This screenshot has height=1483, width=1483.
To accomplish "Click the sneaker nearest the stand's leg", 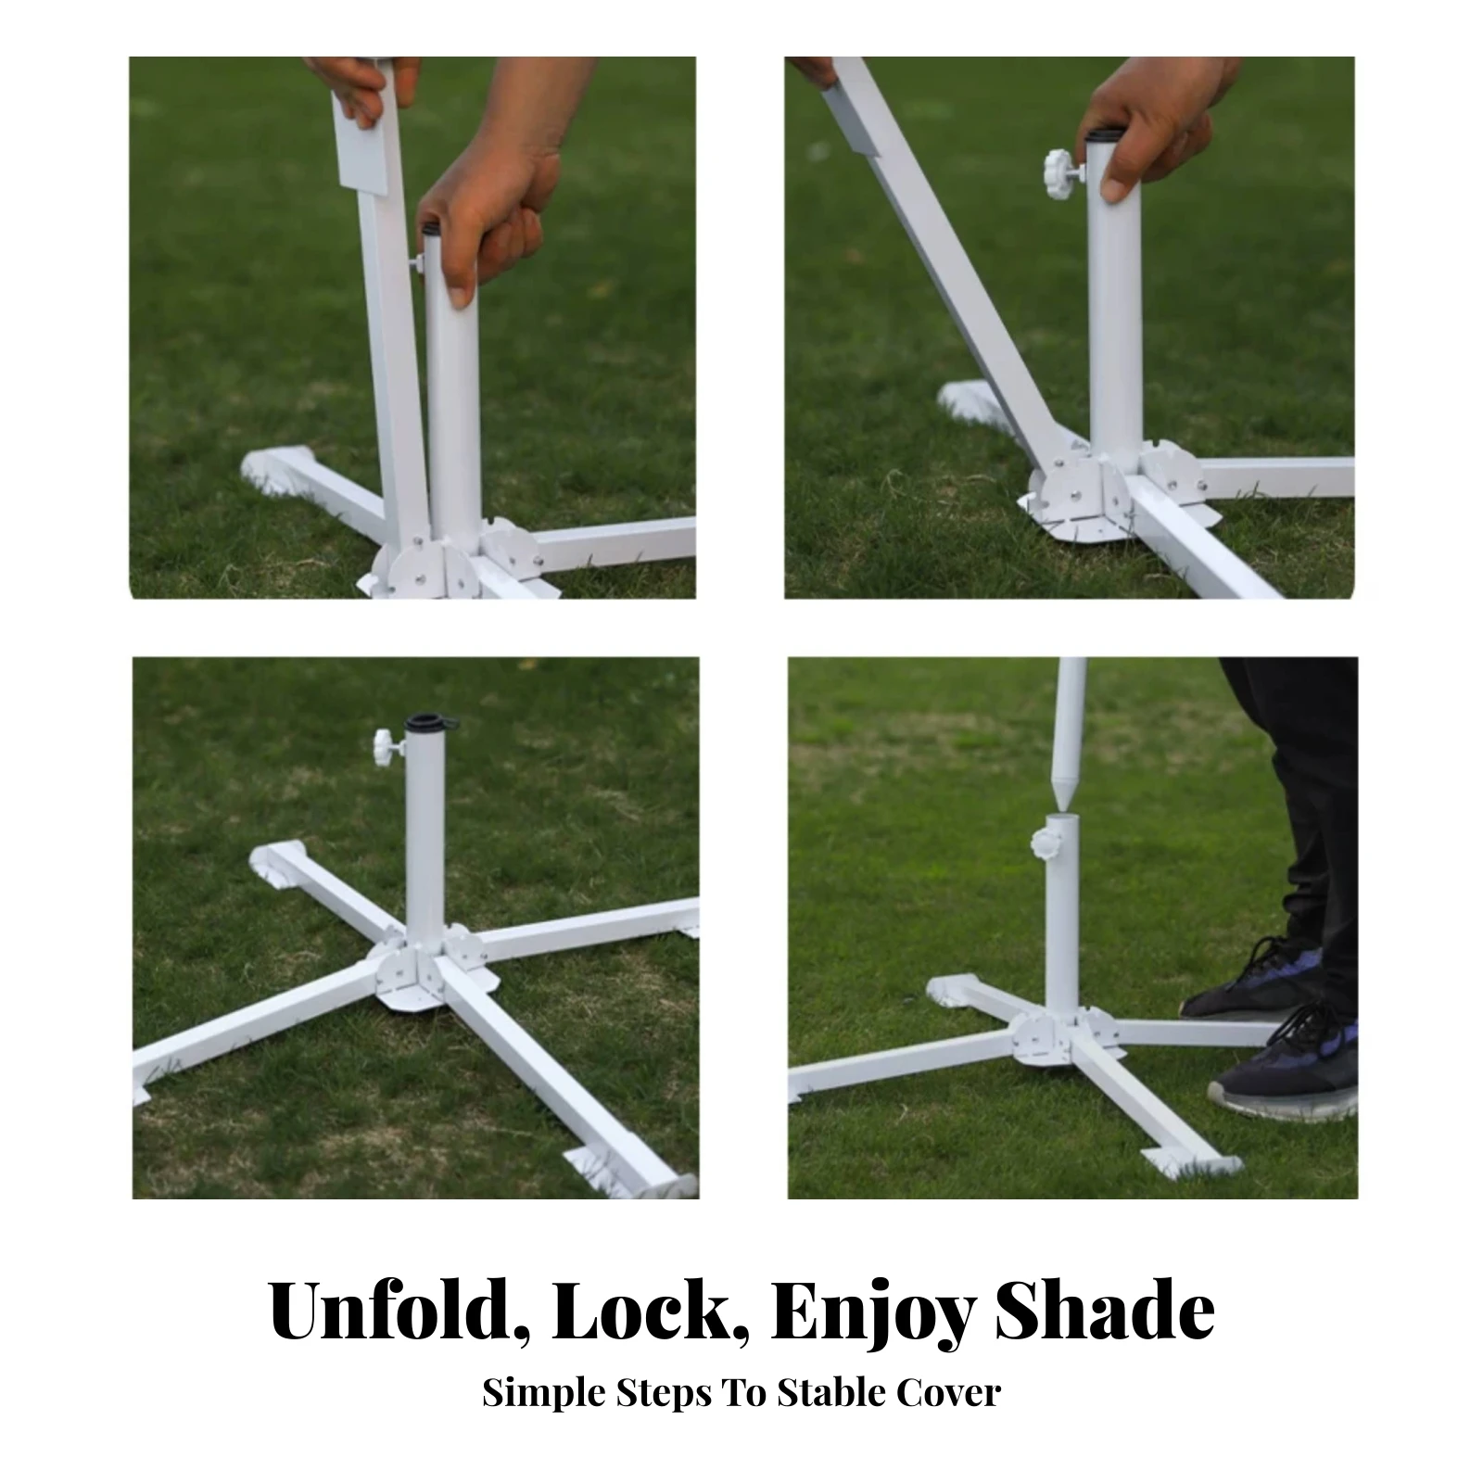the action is (x=1284, y=1067).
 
